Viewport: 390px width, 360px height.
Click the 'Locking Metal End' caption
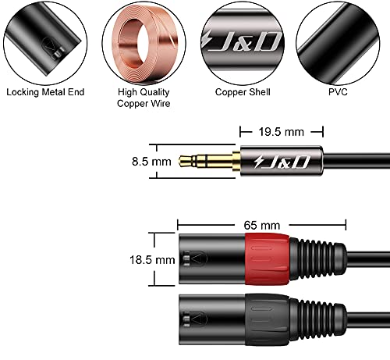click(x=45, y=92)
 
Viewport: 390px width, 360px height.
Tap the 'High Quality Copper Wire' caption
click(x=144, y=98)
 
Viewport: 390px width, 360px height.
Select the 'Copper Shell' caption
click(x=243, y=92)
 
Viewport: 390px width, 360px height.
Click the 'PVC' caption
click(x=338, y=92)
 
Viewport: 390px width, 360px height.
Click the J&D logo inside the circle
click(x=243, y=41)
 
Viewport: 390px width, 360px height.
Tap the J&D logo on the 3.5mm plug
click(x=282, y=162)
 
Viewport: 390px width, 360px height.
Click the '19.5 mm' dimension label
click(x=282, y=132)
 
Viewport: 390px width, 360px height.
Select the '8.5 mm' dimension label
click(x=151, y=162)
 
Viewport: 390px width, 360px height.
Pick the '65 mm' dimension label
click(x=262, y=225)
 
